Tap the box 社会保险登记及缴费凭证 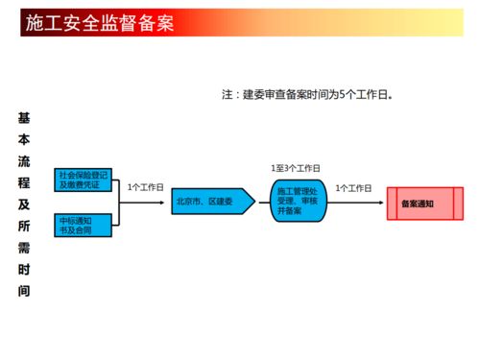84,180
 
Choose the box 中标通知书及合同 84,226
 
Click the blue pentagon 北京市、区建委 211,203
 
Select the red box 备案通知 423,204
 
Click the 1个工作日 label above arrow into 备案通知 353,188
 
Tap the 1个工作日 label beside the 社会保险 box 145,187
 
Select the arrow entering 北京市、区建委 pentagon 156,203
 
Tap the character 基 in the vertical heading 24,118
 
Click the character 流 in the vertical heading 24,160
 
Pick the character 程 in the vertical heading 24,182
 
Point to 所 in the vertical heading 24,226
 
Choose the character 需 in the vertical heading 24,247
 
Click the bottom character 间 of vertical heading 24,290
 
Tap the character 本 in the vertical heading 24,139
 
